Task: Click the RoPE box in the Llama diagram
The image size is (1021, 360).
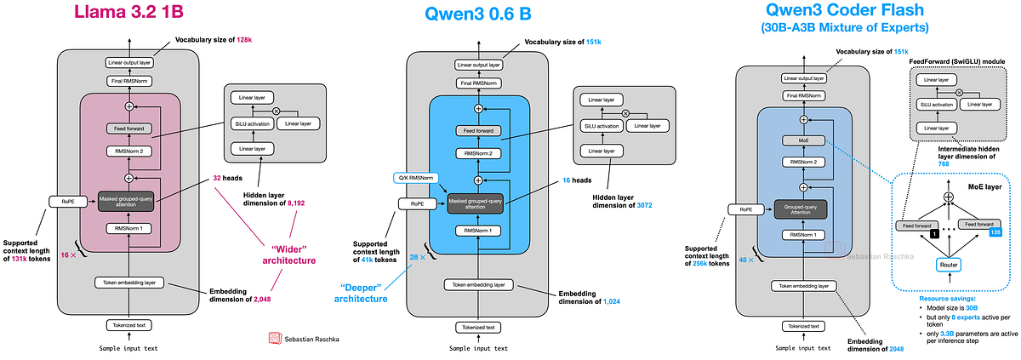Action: point(64,203)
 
